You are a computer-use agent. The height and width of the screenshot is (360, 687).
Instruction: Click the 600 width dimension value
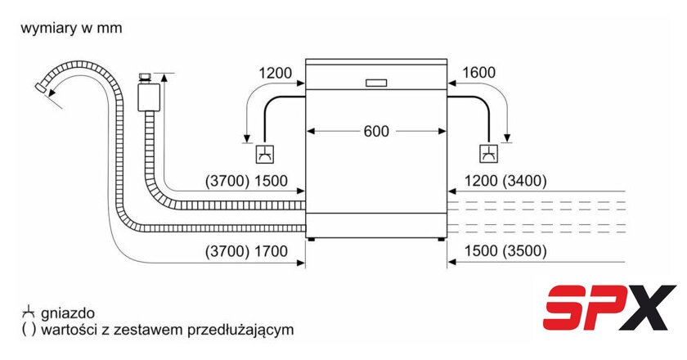[x=376, y=130]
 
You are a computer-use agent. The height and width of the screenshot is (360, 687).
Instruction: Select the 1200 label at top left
[x=275, y=73]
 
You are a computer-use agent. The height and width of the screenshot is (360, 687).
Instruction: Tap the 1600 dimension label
[x=478, y=73]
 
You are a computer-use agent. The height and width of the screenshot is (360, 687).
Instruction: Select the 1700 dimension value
[x=272, y=251]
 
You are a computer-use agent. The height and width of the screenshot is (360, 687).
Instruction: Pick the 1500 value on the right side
[x=481, y=251]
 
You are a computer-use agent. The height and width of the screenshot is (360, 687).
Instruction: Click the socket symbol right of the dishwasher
[x=488, y=153]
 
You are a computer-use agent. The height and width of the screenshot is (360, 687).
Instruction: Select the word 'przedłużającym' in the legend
[x=247, y=331]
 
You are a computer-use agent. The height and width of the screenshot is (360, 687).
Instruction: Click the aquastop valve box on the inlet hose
[x=147, y=93]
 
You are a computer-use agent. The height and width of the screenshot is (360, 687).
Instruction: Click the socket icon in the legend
[x=28, y=313]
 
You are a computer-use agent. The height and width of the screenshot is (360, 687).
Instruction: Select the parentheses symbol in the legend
[x=28, y=331]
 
